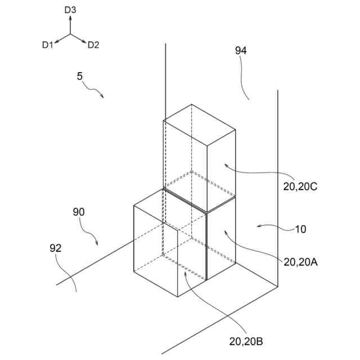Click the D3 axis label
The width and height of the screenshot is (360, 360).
click(x=70, y=10)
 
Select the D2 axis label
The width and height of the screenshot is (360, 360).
click(x=93, y=45)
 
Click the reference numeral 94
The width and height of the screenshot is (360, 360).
click(x=241, y=51)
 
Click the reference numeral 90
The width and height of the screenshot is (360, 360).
click(x=79, y=212)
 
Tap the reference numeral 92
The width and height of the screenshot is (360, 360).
click(x=55, y=247)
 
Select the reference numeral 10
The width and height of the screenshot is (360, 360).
click(x=301, y=229)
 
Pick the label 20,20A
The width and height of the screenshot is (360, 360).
click(x=301, y=262)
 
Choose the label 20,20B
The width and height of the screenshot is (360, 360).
click(x=246, y=341)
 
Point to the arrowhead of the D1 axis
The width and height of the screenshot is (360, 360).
click(x=57, y=42)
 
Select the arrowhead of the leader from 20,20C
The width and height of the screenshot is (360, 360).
click(x=224, y=164)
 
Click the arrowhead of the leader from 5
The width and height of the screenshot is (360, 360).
click(x=103, y=97)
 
